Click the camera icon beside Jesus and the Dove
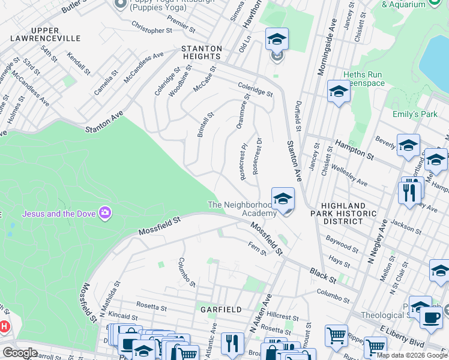[x=106, y=214]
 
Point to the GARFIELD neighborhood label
[x=221, y=310]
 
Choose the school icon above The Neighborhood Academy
[x=283, y=198]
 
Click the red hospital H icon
[x=4, y=327]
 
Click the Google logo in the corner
[x=20, y=353]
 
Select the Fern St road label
[x=258, y=248]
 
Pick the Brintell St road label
[x=206, y=124]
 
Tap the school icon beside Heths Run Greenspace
[x=339, y=92]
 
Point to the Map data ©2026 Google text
[x=412, y=355]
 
